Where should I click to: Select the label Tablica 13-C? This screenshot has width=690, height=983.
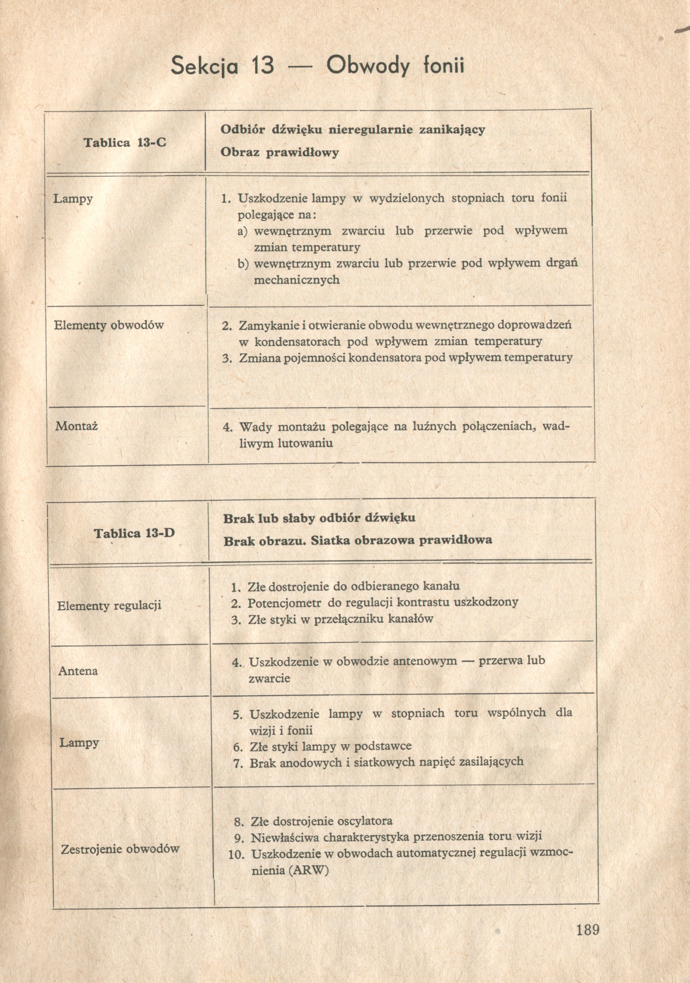click(125, 142)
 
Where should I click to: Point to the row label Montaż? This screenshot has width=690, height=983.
click(76, 426)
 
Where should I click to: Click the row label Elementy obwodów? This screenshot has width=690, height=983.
click(109, 325)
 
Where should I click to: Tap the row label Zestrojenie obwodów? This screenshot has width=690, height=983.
click(120, 849)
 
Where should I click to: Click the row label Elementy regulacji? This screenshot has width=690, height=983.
click(109, 605)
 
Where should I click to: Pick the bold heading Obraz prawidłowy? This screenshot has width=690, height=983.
click(279, 152)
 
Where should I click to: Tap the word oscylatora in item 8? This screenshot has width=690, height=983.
click(365, 821)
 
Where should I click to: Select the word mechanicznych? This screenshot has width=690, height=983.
click(297, 280)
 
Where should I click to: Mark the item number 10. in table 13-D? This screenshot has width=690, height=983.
click(236, 854)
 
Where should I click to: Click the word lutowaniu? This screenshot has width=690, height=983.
click(305, 443)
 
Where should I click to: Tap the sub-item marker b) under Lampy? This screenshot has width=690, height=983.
click(243, 263)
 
